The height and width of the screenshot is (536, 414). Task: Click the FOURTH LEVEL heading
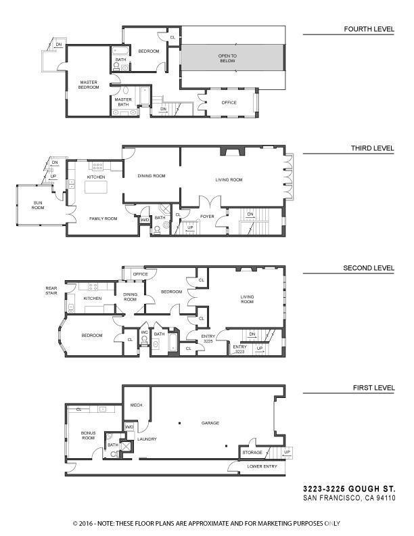click(369, 29)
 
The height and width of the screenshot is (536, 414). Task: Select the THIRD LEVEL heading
click(371, 148)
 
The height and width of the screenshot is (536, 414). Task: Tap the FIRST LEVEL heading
click(372, 388)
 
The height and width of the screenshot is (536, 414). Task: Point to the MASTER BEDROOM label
click(89, 85)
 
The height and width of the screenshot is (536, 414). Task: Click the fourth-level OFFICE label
click(229, 103)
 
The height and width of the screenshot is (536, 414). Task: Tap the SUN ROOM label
click(39, 205)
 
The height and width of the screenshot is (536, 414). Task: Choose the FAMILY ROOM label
click(103, 219)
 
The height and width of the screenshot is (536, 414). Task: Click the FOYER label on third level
click(207, 217)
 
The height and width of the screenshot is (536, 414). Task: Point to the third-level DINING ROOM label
click(152, 176)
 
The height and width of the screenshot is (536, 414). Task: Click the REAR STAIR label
click(52, 290)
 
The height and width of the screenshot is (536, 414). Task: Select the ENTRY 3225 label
click(208, 338)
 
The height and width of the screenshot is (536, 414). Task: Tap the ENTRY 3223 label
click(240, 349)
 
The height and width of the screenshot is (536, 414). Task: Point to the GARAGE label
click(210, 423)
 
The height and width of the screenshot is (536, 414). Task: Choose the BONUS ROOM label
click(89, 434)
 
